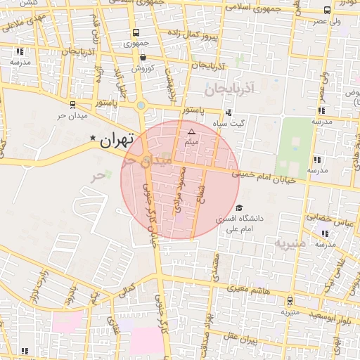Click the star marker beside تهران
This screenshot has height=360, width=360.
[92, 138]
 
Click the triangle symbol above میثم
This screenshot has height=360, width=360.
[191, 131]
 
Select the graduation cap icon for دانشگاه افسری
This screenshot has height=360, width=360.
[239, 208]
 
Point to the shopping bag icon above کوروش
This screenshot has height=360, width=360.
[143, 58]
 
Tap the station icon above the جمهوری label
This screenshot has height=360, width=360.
[136, 32]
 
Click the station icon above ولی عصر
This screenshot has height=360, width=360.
[326, 10]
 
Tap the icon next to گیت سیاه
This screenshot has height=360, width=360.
[229, 113]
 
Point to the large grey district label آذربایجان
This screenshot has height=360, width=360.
[227, 89]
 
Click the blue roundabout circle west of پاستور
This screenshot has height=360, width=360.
[141, 106]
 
